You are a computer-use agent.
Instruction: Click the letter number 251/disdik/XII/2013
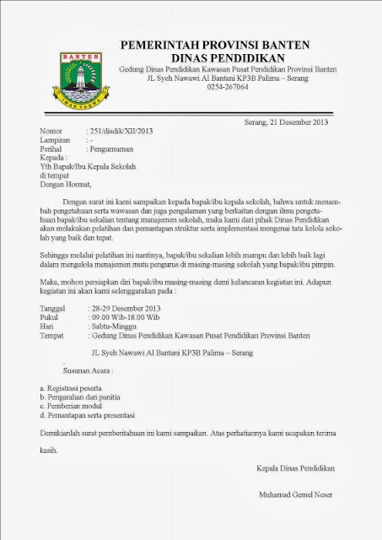pos(121,132)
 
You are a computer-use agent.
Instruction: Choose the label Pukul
pos(51,318)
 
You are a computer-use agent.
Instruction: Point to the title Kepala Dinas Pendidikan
pos(295,467)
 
